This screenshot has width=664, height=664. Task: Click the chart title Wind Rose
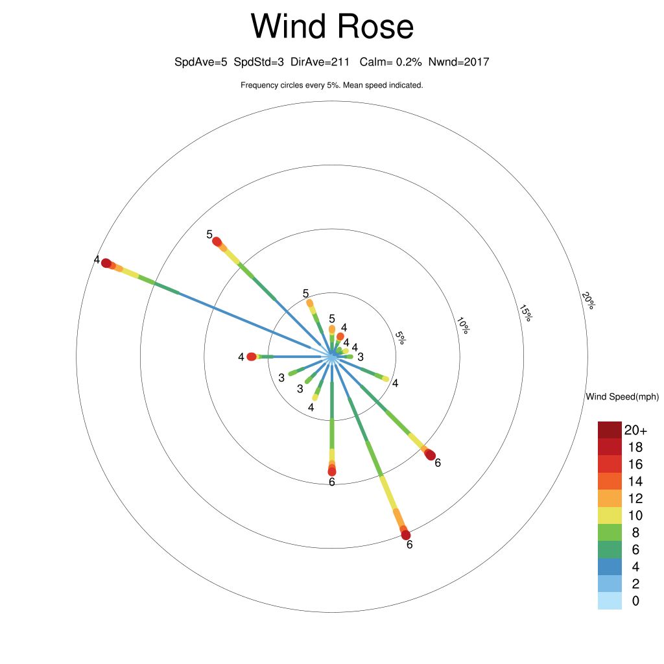332,26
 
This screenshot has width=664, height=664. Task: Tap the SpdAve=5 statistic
201,62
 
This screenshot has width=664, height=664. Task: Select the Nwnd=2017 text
458,62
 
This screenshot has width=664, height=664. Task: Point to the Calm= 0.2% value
390,62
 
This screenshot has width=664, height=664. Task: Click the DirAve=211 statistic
320,62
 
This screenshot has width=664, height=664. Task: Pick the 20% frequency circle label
588,300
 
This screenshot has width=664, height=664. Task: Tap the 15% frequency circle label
525,313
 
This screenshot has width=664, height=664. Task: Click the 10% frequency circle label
463,326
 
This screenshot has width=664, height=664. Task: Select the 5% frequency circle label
400,337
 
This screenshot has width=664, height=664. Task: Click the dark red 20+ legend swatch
610,430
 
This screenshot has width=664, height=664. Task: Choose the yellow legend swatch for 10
610,516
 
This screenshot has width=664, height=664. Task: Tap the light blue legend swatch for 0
610,601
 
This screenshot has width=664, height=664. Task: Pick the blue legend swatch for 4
610,567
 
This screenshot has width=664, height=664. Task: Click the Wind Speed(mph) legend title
622,397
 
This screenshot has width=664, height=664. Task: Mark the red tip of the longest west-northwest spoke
106,263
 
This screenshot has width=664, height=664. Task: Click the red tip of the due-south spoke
332,471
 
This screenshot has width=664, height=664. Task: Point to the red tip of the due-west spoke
251,357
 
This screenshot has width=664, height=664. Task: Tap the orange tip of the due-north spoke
332,329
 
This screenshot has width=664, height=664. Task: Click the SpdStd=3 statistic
259,62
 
